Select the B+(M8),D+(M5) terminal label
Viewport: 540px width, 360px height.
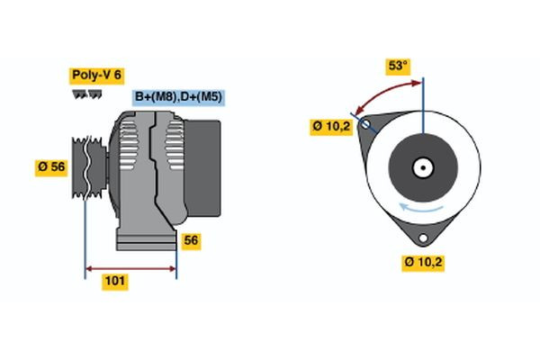pos(179,97)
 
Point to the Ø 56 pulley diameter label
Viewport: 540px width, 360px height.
pos(51,167)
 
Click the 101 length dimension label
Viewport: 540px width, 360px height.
pos(114,282)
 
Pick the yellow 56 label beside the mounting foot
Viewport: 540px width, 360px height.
pos(191,240)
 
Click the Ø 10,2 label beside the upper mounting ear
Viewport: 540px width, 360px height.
pos(331,127)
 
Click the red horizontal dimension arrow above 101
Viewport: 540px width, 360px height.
pos(130,267)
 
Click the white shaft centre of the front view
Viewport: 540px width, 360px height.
pos(423,166)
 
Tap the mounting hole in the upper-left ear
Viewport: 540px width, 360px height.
pos(365,124)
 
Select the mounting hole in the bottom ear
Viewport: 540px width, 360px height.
pos(422,239)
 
